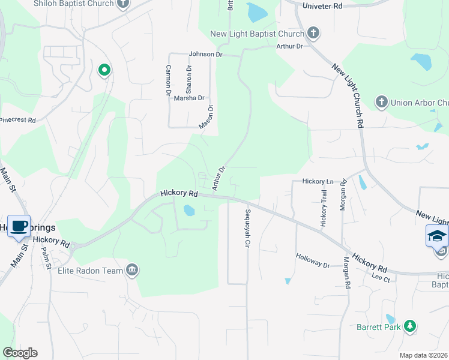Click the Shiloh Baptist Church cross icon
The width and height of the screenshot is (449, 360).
click(x=124, y=4)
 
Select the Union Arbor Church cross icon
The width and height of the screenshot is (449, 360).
click(x=381, y=103)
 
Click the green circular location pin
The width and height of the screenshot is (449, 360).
click(x=104, y=70)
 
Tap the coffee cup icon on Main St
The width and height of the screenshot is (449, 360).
click(x=20, y=226)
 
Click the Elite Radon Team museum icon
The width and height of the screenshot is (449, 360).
click(x=132, y=271)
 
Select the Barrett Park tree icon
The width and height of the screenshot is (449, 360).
click(x=410, y=327)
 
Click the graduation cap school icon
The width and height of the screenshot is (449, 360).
click(x=437, y=236)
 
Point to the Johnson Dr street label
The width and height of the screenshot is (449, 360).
click(x=206, y=54)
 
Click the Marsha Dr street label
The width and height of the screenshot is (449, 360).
click(x=189, y=98)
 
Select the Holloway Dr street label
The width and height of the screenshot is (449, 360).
click(x=313, y=260)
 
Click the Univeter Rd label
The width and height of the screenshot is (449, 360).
click(x=321, y=5)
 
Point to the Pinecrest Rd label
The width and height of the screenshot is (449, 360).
click(x=17, y=121)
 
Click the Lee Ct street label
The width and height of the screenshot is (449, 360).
click(x=381, y=278)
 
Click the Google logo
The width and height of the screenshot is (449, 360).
click(x=20, y=353)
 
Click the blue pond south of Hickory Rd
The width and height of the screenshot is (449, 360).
click(x=189, y=211)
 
